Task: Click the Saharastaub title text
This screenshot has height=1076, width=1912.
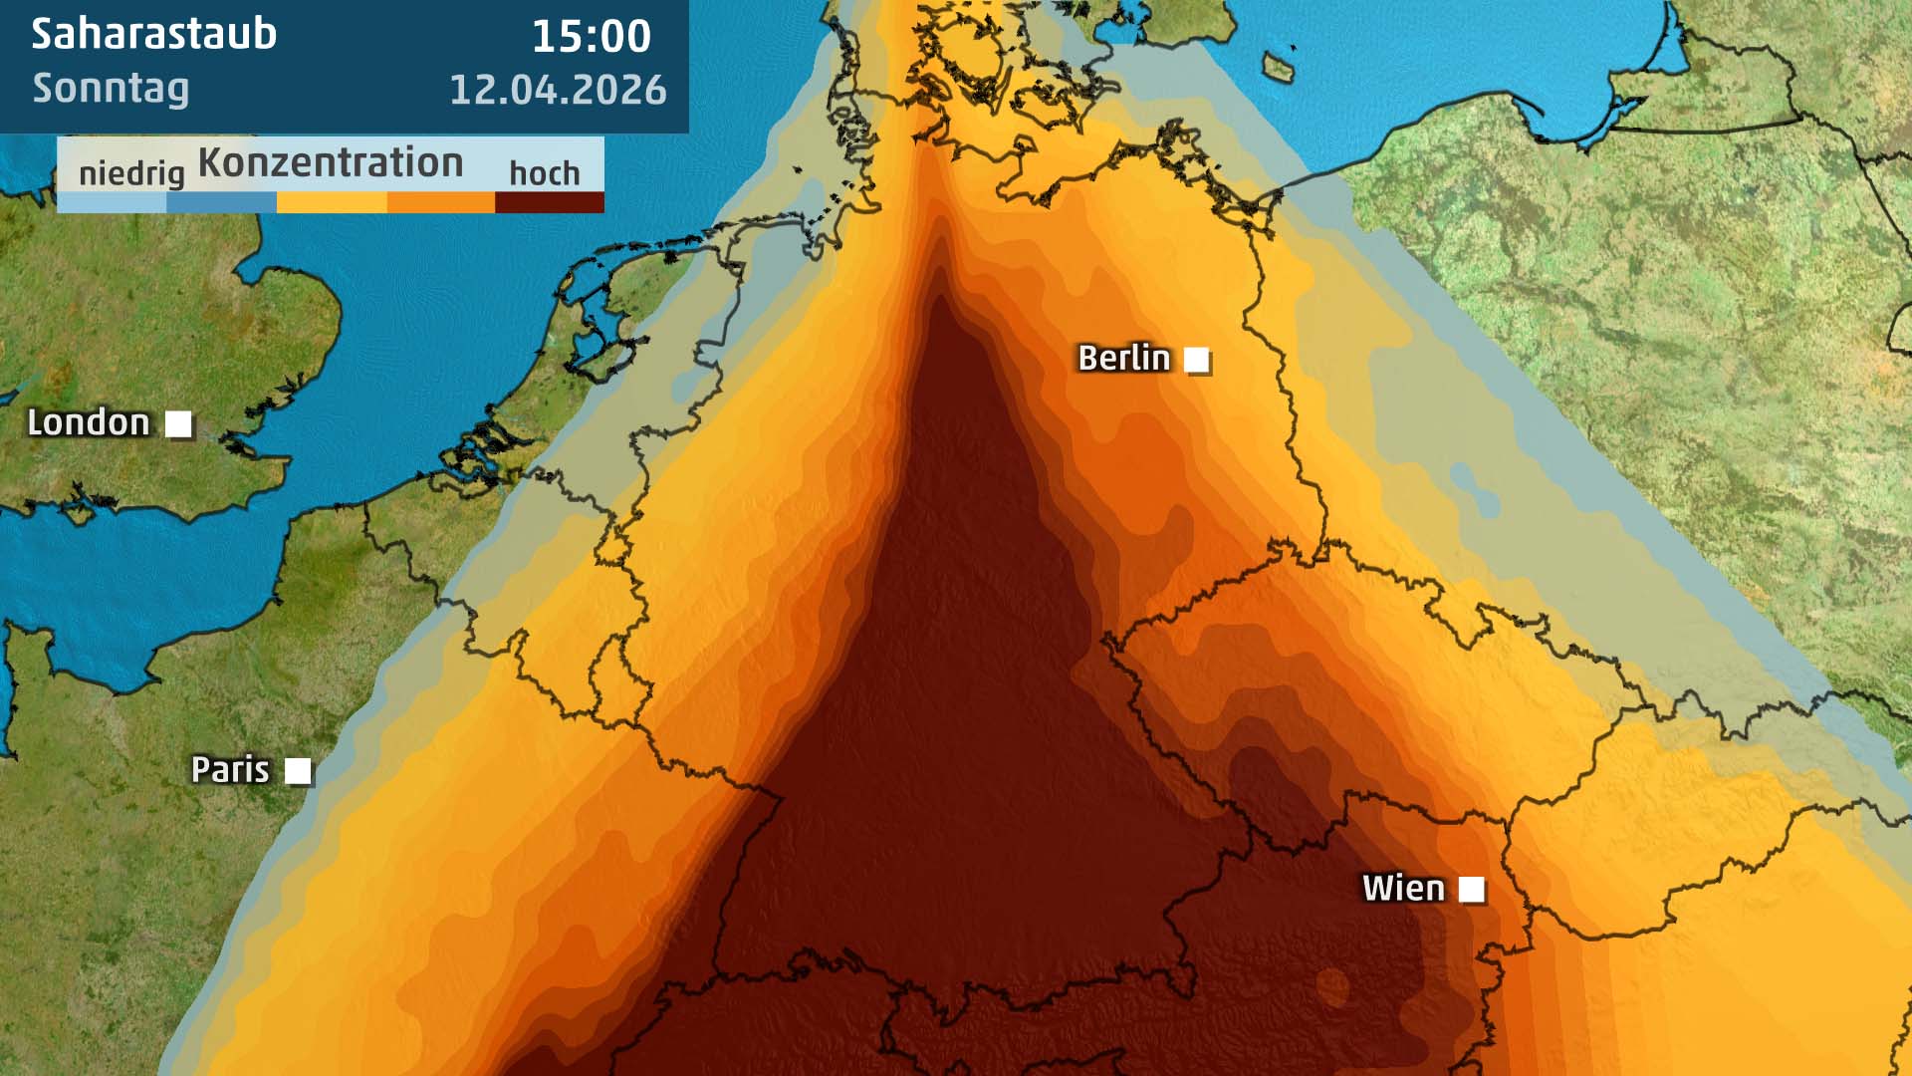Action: coord(154,34)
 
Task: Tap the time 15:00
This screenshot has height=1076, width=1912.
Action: coord(591,37)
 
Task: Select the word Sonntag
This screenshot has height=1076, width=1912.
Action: coord(111,89)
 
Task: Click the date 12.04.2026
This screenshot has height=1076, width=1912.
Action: coord(558,90)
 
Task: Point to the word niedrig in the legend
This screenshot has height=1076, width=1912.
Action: coord(131,173)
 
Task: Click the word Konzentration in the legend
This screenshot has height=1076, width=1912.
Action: coord(331,162)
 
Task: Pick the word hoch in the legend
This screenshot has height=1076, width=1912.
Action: coord(544,173)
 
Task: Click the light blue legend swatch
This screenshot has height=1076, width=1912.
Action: coord(112,202)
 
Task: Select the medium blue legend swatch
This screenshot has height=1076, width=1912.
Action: coord(221,202)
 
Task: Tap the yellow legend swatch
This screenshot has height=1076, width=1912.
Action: coord(332,202)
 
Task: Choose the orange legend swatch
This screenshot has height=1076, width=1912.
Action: coord(440,202)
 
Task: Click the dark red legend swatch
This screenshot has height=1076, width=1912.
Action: coord(550,202)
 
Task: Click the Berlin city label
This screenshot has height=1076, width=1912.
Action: coord(1123,358)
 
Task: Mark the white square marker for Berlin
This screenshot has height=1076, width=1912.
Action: coord(1197,360)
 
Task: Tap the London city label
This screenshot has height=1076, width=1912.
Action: coord(88,422)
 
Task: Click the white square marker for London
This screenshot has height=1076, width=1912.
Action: coord(178,424)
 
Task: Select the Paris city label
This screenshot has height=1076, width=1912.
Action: coord(230,769)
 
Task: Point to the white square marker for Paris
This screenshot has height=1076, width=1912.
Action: coord(298,771)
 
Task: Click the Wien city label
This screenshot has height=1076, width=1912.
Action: coord(1402,888)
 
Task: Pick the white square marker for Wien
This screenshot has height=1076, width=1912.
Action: coord(1471,889)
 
